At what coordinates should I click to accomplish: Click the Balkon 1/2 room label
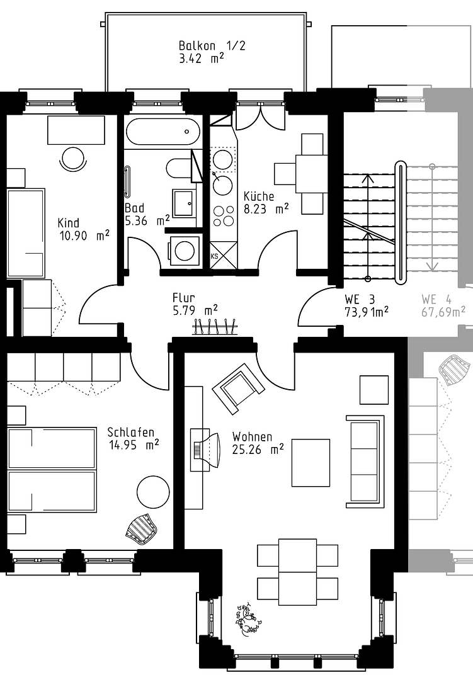[212, 52]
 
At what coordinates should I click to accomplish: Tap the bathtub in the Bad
[163, 132]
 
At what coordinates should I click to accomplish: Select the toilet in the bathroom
[179, 169]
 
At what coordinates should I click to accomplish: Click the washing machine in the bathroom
[184, 250]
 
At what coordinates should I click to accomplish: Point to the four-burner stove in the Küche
[223, 216]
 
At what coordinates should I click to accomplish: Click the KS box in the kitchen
[224, 256]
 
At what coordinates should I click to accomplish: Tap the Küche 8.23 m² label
[266, 203]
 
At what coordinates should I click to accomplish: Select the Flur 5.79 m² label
[195, 304]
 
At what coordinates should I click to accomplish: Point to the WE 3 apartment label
[367, 306]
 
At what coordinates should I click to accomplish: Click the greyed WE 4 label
[443, 306]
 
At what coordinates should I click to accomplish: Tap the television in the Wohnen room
[206, 450]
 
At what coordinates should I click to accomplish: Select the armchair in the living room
[238, 388]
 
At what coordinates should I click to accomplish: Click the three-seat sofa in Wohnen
[365, 462]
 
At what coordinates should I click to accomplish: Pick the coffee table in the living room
[311, 463]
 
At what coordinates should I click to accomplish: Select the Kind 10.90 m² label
[83, 229]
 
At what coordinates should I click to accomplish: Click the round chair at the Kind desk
[73, 159]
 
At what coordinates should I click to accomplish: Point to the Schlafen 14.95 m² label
[134, 439]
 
